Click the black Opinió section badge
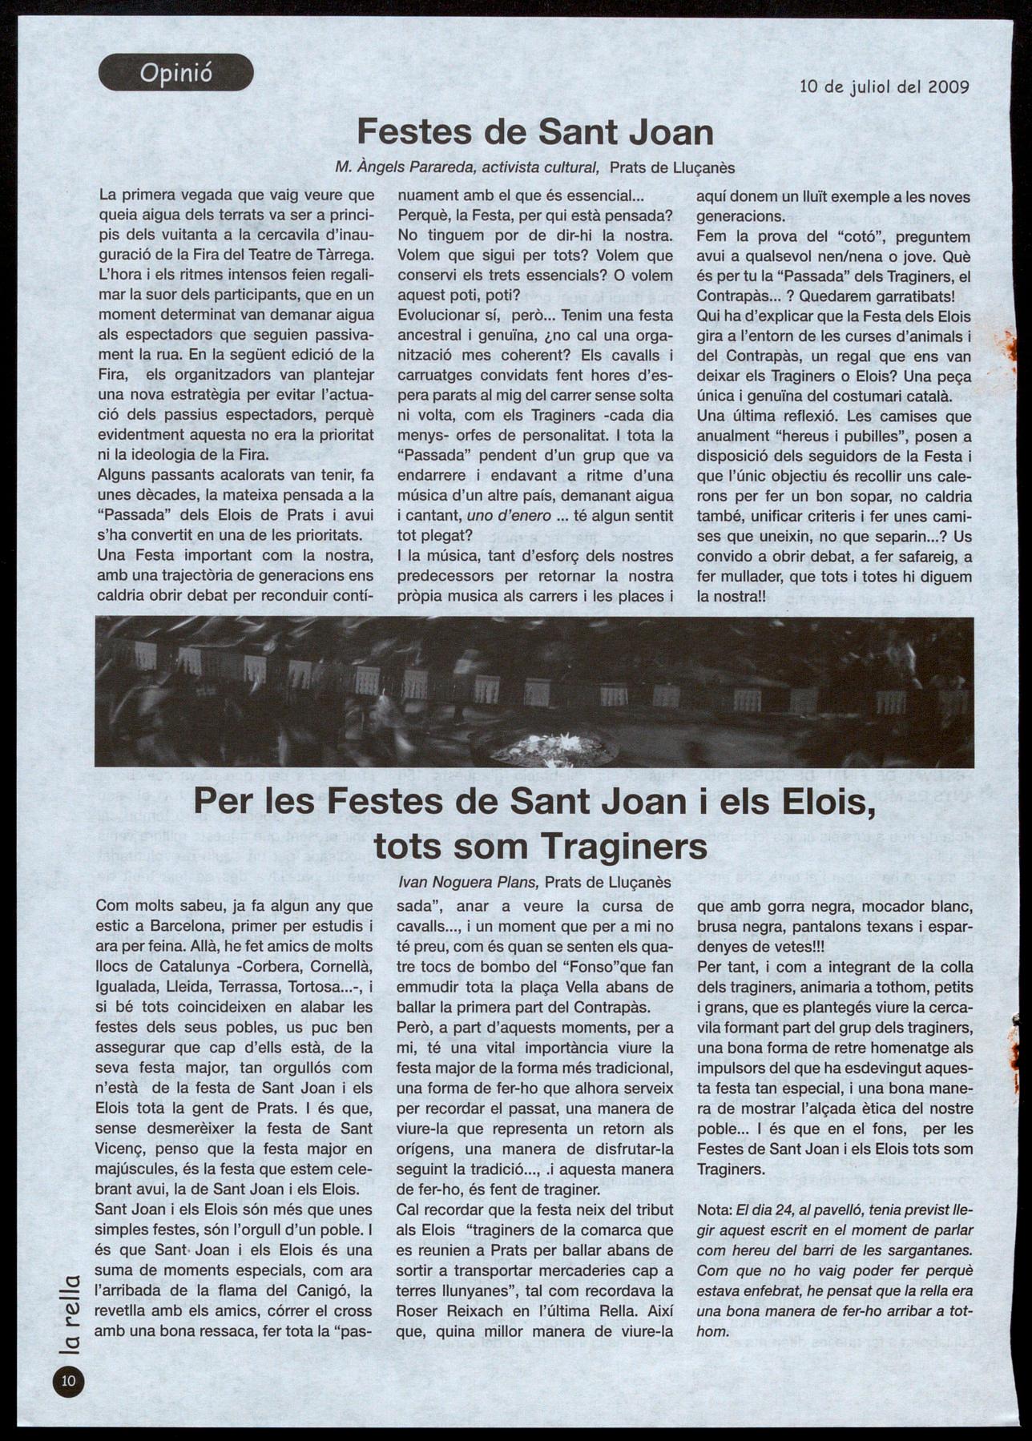click(175, 74)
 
